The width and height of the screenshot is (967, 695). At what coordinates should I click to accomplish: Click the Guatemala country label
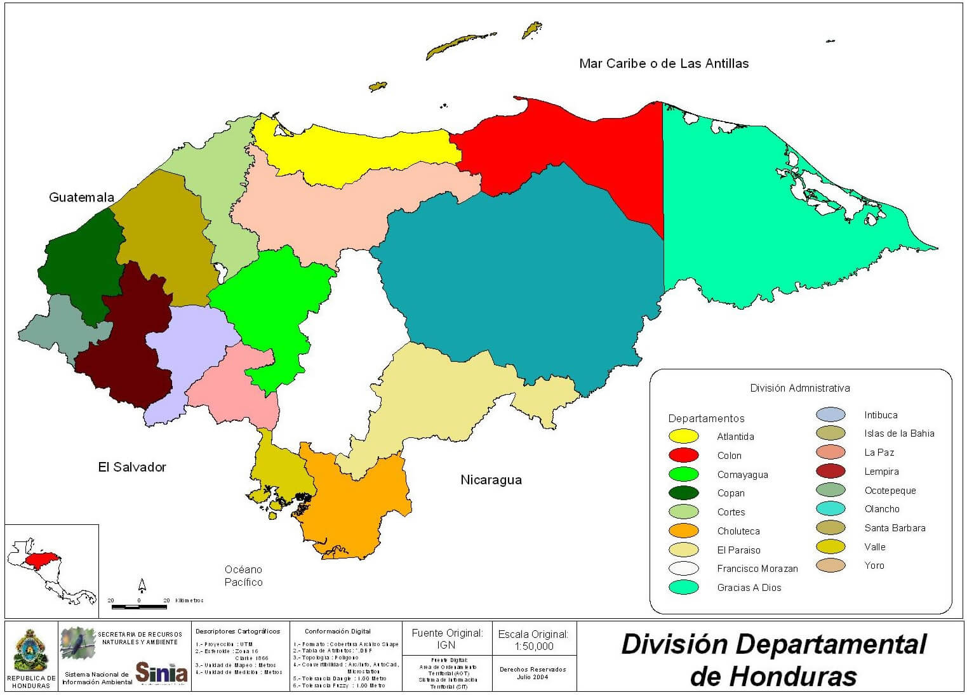[x=81, y=197]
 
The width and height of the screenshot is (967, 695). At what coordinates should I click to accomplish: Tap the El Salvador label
[x=132, y=467]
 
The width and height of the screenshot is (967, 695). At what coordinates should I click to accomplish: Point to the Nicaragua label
[x=491, y=480]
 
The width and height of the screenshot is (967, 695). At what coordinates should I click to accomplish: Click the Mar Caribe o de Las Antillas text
[x=664, y=63]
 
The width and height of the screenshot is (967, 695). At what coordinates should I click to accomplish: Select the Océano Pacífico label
[x=243, y=576]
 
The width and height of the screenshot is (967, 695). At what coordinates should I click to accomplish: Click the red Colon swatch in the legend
[x=683, y=455]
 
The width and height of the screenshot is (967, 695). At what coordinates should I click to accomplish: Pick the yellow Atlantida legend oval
[x=683, y=436]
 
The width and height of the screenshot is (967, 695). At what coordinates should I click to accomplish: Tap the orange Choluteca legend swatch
[x=683, y=531]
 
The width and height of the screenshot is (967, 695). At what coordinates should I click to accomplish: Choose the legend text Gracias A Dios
[x=749, y=588]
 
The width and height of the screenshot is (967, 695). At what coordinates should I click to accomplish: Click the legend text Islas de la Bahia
[x=899, y=434]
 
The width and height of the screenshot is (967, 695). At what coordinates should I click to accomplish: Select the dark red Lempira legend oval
[x=830, y=471]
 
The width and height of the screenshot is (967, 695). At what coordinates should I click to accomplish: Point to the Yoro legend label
[x=874, y=566]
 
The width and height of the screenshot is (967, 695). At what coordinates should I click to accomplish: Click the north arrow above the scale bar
[x=142, y=585]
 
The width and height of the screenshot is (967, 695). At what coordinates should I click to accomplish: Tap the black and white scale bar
[x=139, y=607]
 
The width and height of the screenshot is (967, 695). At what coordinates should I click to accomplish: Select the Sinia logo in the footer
[x=161, y=672]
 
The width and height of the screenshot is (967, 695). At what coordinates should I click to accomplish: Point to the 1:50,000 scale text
[x=533, y=646]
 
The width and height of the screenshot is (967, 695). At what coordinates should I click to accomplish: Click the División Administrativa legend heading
[x=799, y=388]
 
